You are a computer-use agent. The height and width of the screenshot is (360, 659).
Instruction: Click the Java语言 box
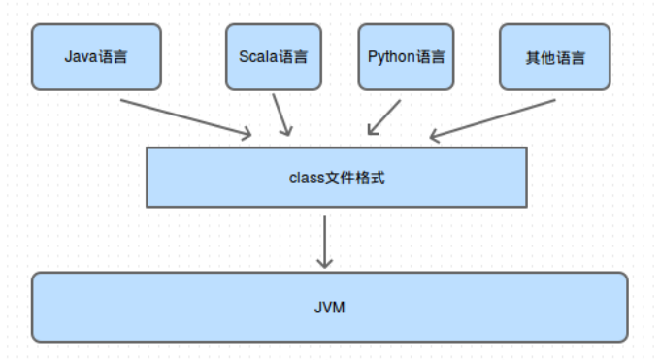pyautogui.click(x=95, y=57)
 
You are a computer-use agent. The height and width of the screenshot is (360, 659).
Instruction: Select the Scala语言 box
pyautogui.click(x=273, y=57)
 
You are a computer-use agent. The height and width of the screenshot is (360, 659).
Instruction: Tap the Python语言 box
pyautogui.click(x=406, y=57)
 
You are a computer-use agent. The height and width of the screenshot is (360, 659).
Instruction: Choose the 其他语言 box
pyautogui.click(x=555, y=57)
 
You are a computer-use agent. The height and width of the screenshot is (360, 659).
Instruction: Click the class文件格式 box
pyautogui.click(x=336, y=178)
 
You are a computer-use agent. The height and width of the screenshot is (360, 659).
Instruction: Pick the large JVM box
pyautogui.click(x=329, y=308)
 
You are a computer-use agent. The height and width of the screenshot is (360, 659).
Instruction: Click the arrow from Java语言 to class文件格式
pyautogui.click(x=184, y=116)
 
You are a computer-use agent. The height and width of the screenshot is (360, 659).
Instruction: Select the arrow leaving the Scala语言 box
pyautogui.click(x=281, y=115)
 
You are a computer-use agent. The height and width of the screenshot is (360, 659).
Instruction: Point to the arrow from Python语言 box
pyautogui.click(x=383, y=116)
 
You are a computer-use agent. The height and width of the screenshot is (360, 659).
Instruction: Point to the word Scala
pyautogui.click(x=257, y=56)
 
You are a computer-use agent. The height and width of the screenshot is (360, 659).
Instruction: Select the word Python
pyautogui.click(x=390, y=56)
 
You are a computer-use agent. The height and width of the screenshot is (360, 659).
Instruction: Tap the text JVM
pyautogui.click(x=330, y=308)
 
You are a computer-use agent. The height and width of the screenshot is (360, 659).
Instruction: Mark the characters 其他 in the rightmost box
pyautogui.click(x=541, y=57)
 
